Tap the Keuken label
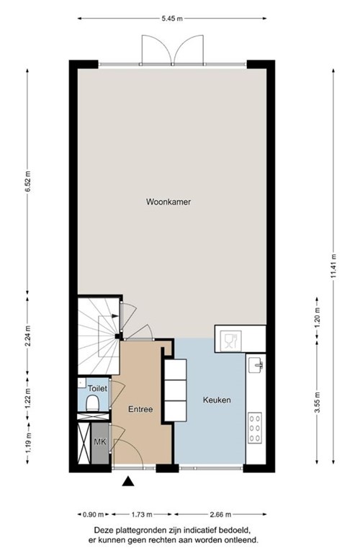(x=217, y=400)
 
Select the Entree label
(x=140, y=409)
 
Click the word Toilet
(x=97, y=389)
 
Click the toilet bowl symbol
(x=91, y=405)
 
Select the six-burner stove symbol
(x=255, y=428)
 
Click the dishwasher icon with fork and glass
(x=230, y=341)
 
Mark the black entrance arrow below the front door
(x=128, y=482)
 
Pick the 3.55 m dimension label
(x=317, y=412)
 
